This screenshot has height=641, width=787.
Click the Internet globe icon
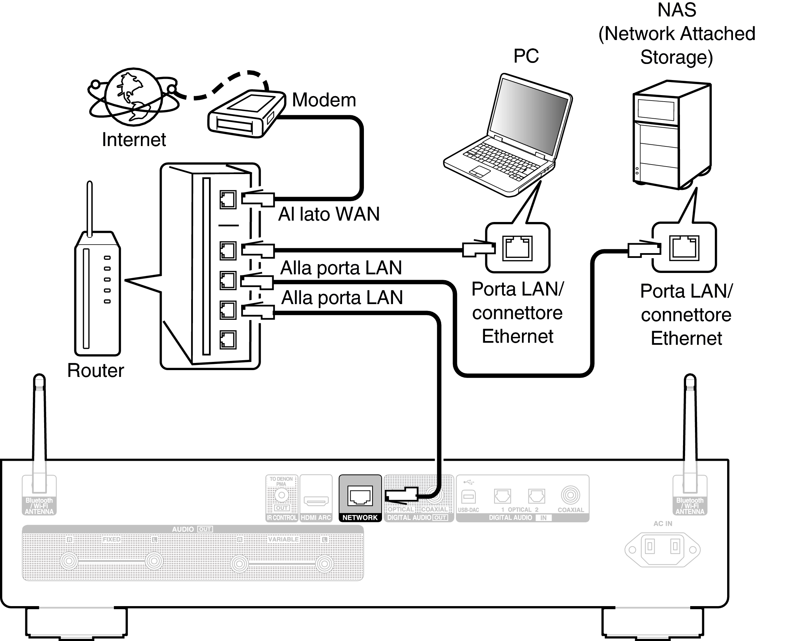point(133,97)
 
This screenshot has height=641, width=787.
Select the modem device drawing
point(246,114)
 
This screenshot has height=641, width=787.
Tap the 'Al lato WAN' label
point(329,214)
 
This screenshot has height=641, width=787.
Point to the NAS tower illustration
point(672,135)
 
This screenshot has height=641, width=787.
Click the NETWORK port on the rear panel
point(360,496)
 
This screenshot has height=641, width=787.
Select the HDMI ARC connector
point(316,501)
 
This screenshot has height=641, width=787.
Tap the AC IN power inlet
point(662,549)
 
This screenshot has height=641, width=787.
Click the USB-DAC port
point(469,497)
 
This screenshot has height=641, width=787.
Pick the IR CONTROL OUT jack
point(281,495)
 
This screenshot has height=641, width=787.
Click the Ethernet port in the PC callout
point(517,248)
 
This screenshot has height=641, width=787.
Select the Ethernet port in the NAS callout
point(684,248)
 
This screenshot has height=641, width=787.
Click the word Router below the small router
point(96,370)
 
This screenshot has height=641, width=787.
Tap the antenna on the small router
point(89,207)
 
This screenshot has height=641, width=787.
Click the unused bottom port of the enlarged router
point(228,340)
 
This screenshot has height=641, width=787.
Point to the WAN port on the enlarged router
point(228,200)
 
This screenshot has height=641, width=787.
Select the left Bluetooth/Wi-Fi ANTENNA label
point(39,506)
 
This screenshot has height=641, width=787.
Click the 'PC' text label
point(526,56)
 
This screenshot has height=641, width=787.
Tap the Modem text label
point(324,100)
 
